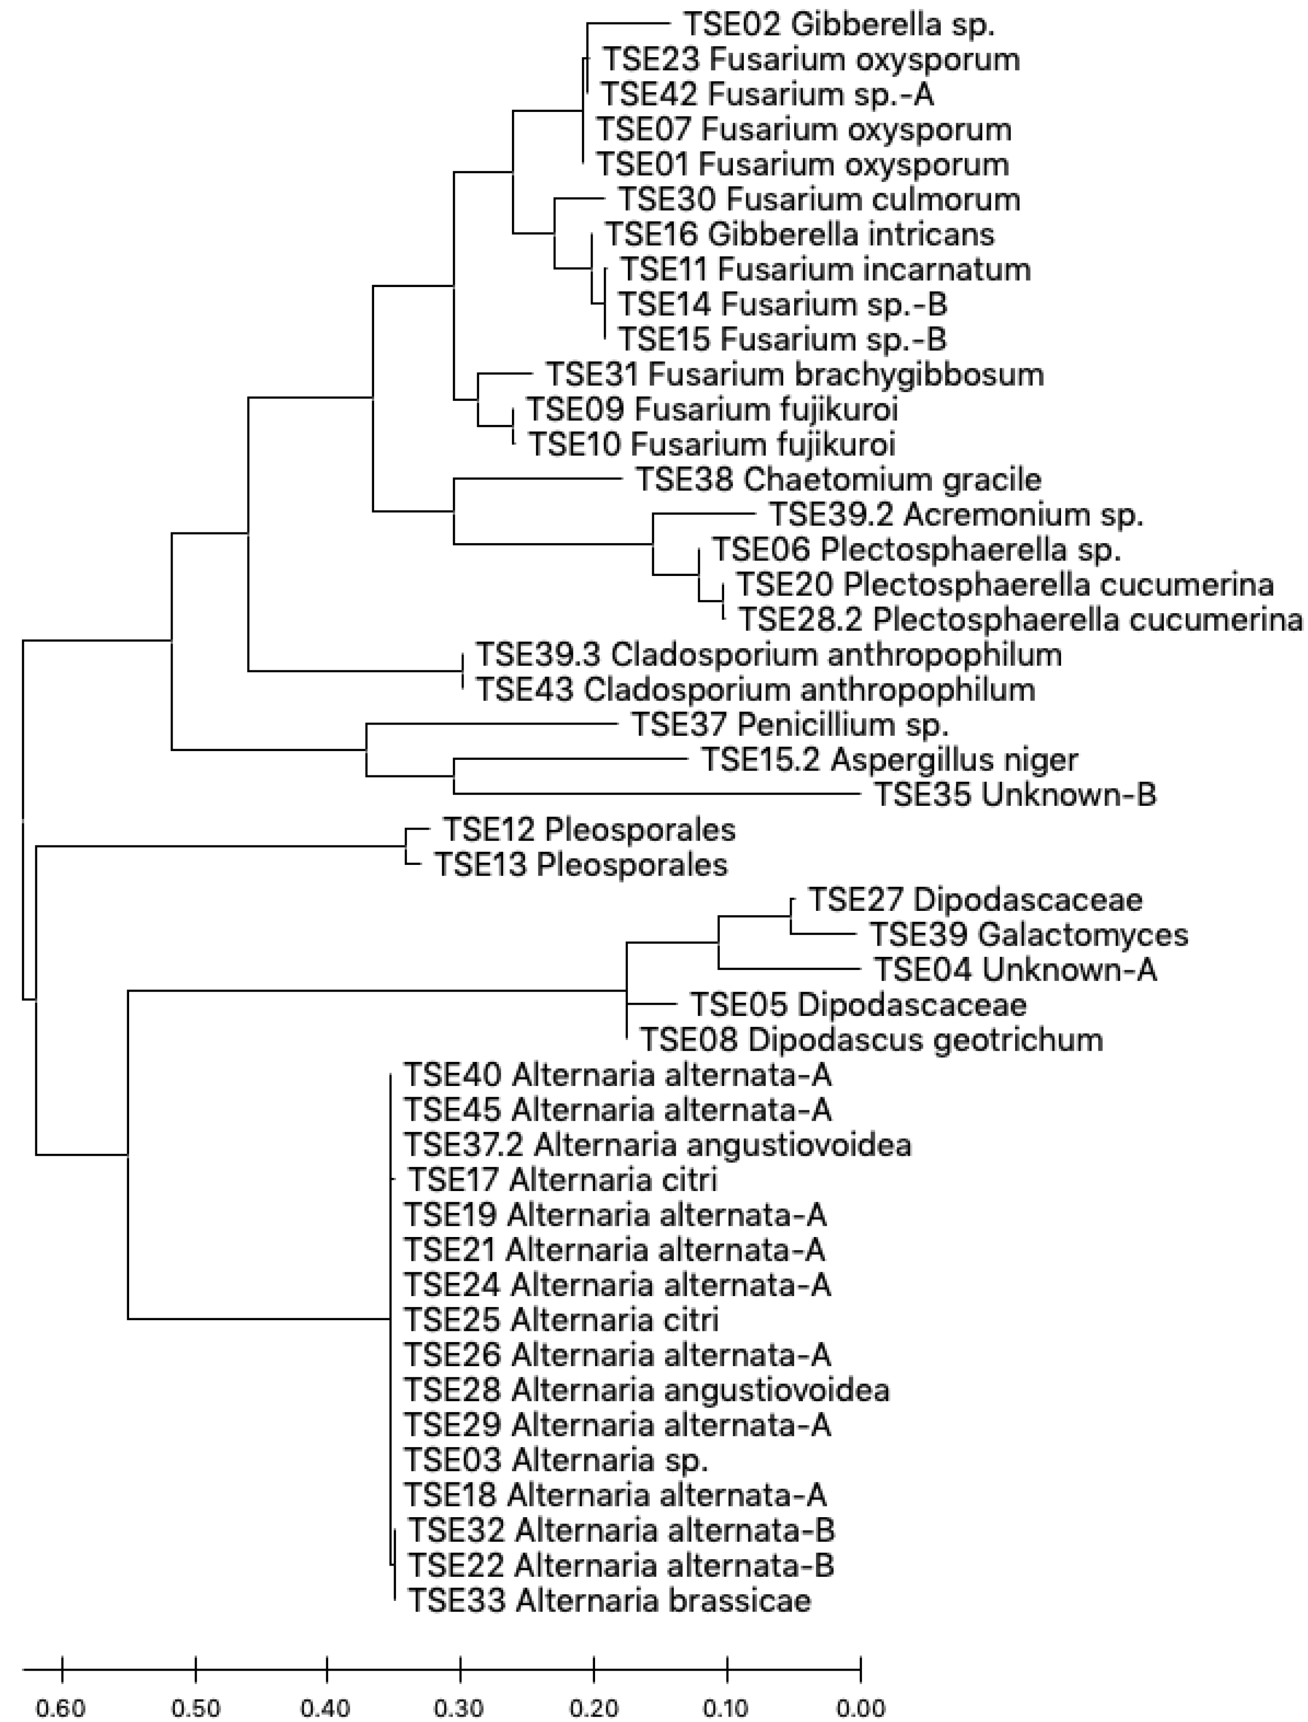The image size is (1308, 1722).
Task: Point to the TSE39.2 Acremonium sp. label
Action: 955,514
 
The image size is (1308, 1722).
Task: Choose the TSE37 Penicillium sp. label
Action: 790,725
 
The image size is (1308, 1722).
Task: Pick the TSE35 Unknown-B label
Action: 1015,795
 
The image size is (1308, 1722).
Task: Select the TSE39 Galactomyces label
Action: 1028,934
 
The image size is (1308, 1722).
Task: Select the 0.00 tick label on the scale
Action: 860,1709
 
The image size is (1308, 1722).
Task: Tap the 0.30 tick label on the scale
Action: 460,1709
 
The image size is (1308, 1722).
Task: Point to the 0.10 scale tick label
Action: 727,1709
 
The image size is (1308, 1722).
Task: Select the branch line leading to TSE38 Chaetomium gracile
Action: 537,479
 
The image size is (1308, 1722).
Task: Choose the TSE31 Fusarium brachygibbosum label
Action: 794,375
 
